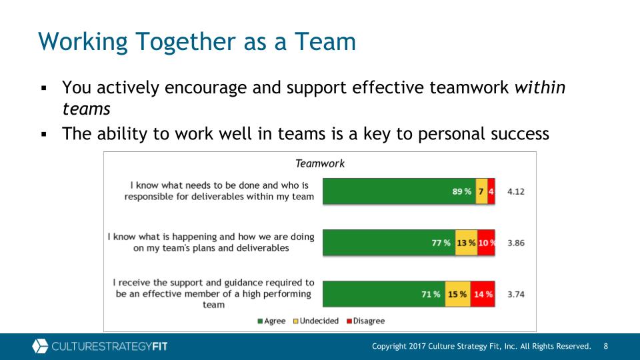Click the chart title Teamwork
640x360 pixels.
pyautogui.click(x=319, y=164)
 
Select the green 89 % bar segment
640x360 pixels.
pyautogui.click(x=399, y=191)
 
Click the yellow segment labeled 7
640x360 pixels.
pyautogui.click(x=481, y=191)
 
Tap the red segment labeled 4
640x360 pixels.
pyautogui.click(x=491, y=191)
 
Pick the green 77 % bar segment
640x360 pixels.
pyautogui.click(x=389, y=243)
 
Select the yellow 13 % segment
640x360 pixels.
pyautogui.click(x=467, y=243)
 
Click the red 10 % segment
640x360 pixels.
pyautogui.click(x=486, y=243)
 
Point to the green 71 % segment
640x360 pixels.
pyautogui.click(x=384, y=294)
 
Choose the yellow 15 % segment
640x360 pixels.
pyautogui.click(x=458, y=294)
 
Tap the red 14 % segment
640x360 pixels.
pyautogui.click(x=483, y=294)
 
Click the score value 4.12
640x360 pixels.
pyautogui.click(x=516, y=191)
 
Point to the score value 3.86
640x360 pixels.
pyautogui.click(x=516, y=243)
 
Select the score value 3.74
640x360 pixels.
pyautogui.click(x=516, y=294)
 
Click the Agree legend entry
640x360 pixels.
pyautogui.click(x=271, y=321)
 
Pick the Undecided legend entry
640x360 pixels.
pyautogui.click(x=316, y=321)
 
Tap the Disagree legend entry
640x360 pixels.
pyautogui.click(x=366, y=321)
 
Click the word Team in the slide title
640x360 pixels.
pyautogui.click(x=325, y=41)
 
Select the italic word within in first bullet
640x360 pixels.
pyautogui.click(x=540, y=87)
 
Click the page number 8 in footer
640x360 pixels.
pyautogui.click(x=606, y=346)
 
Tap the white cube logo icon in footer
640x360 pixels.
pyautogui.click(x=40, y=346)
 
